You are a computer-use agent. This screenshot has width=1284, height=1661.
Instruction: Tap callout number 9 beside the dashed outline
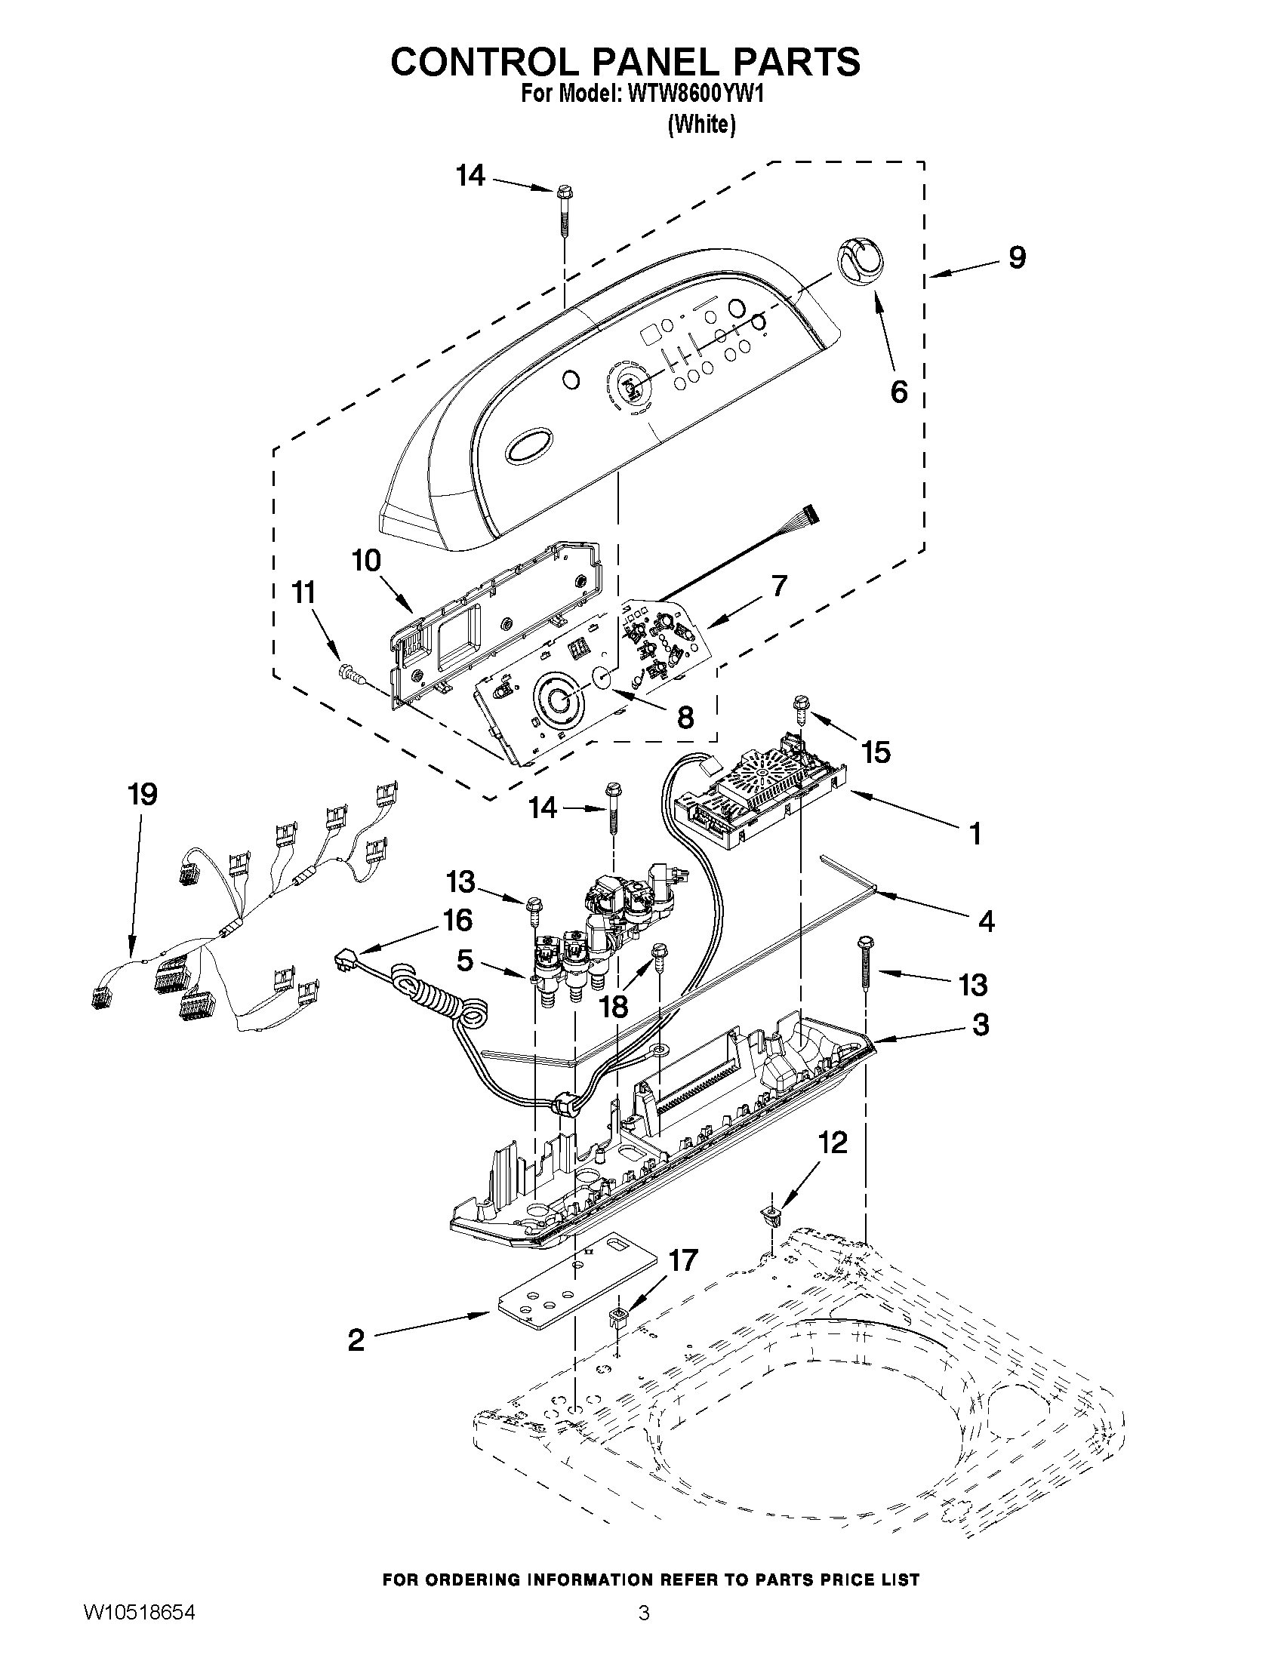pos(1017,257)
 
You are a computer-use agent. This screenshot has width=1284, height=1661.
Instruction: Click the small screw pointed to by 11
pos(349,671)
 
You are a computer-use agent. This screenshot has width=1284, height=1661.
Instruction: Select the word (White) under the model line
pos(701,125)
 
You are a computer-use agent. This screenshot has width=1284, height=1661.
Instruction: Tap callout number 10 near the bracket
pos(366,561)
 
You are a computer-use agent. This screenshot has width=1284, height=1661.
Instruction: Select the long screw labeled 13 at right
pos(866,962)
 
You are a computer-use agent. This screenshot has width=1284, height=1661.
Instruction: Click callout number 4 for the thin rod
pos(986,921)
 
